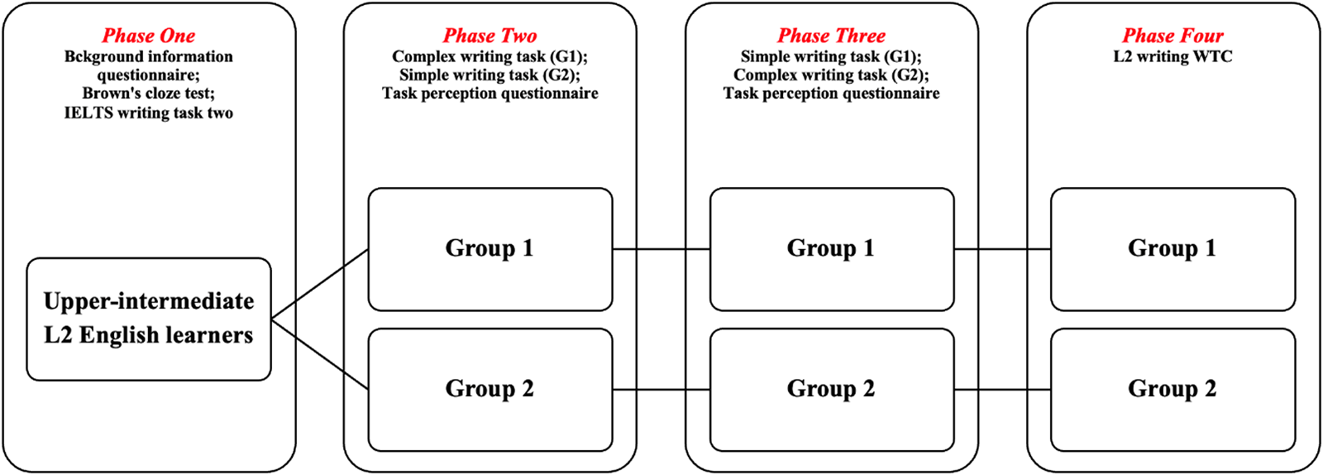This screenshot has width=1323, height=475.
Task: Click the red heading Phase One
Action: (x=149, y=36)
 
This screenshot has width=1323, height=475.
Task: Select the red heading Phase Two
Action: (x=490, y=36)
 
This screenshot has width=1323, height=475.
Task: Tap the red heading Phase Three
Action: (x=831, y=36)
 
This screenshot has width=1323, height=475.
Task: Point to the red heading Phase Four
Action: (x=1173, y=36)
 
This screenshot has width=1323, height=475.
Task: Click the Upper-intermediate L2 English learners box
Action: (x=149, y=319)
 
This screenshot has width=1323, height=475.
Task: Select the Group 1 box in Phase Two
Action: (x=490, y=248)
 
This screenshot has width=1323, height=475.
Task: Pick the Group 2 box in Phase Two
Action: (x=490, y=389)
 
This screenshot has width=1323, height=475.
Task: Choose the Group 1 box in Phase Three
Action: (x=831, y=248)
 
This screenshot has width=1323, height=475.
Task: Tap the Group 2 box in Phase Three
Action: (x=831, y=389)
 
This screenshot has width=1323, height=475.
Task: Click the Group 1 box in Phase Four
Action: (x=1173, y=248)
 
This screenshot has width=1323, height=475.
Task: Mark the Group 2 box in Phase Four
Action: (x=1173, y=389)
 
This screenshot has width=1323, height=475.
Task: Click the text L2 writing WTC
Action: (x=1173, y=56)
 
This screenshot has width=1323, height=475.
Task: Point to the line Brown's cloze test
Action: (x=149, y=94)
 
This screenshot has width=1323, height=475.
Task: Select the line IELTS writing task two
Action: (x=149, y=113)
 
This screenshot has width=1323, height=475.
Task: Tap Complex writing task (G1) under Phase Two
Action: (x=490, y=56)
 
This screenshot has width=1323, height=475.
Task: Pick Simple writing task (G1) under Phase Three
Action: (x=831, y=56)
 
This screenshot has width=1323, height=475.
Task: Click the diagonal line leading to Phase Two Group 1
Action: (x=320, y=284)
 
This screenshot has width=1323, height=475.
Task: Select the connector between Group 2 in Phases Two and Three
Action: (x=661, y=389)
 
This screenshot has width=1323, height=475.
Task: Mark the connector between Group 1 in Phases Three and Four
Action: (x=1002, y=248)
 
